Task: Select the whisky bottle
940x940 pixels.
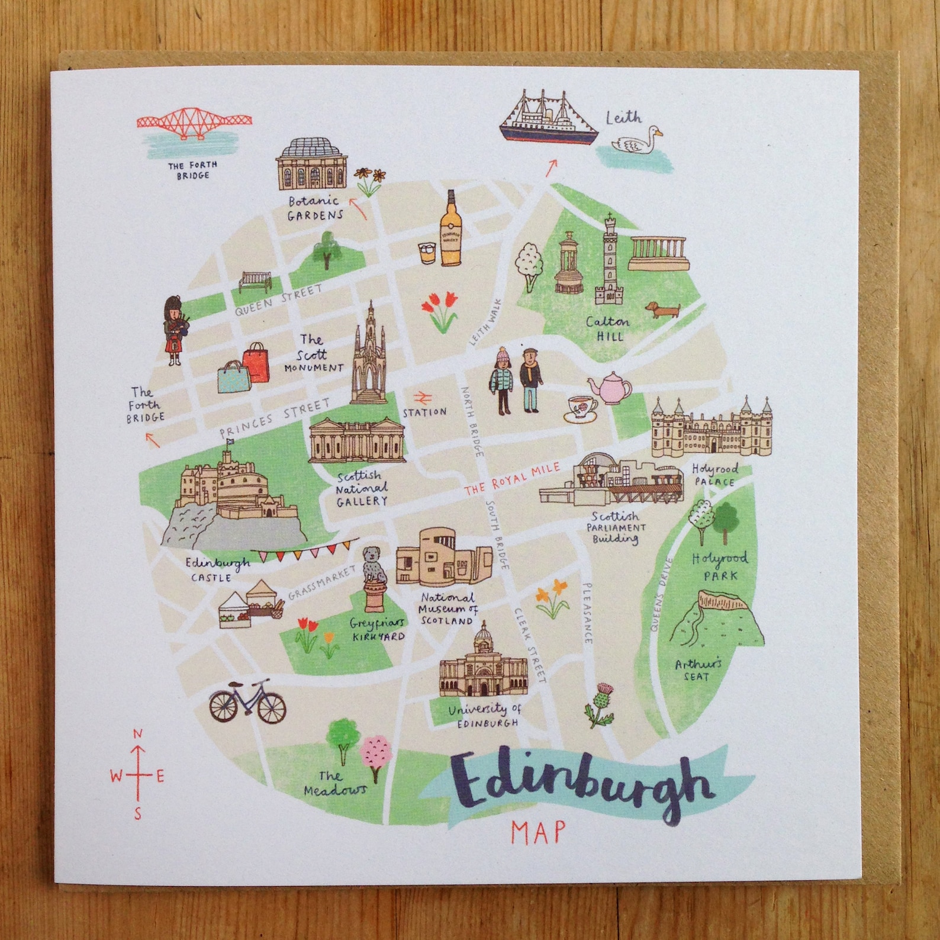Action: pyautogui.click(x=451, y=231)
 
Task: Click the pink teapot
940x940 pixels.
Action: pyautogui.click(x=610, y=386)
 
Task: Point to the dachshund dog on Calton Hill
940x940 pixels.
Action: pyautogui.click(x=662, y=310)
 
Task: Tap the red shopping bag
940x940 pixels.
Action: pyautogui.click(x=256, y=362)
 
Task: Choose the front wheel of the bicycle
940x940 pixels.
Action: pyautogui.click(x=271, y=706)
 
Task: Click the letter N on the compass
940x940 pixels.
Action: pyautogui.click(x=137, y=735)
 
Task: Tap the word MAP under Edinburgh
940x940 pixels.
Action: pyautogui.click(x=537, y=832)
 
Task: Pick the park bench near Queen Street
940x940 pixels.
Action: pyautogui.click(x=255, y=281)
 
